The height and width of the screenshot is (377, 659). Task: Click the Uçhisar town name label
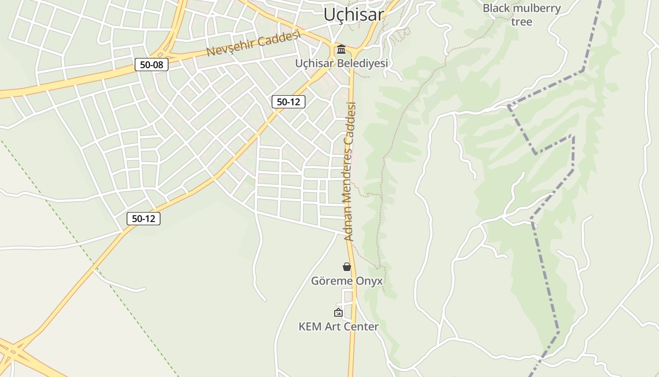pyautogui.click(x=354, y=15)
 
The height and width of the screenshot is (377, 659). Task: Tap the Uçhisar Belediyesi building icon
pyautogui.click(x=341, y=49)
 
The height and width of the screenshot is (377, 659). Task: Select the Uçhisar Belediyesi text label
pyautogui.click(x=341, y=63)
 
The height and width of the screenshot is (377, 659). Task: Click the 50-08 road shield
pyautogui.click(x=152, y=65)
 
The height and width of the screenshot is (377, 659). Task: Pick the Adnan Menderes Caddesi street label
pyautogui.click(x=350, y=172)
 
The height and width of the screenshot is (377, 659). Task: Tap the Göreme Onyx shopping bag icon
pyautogui.click(x=347, y=267)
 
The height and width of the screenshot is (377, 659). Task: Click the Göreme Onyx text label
pyautogui.click(x=347, y=281)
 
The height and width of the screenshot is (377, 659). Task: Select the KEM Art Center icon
pyautogui.click(x=338, y=312)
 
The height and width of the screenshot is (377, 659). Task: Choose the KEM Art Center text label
pyautogui.click(x=338, y=327)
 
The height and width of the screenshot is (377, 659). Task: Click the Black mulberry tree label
pyautogui.click(x=522, y=15)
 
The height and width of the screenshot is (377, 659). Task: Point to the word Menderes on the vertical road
pyautogui.click(x=349, y=163)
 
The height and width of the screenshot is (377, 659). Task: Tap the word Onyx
pyautogui.click(x=370, y=281)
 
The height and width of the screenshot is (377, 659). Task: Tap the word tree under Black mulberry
pyautogui.click(x=522, y=22)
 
